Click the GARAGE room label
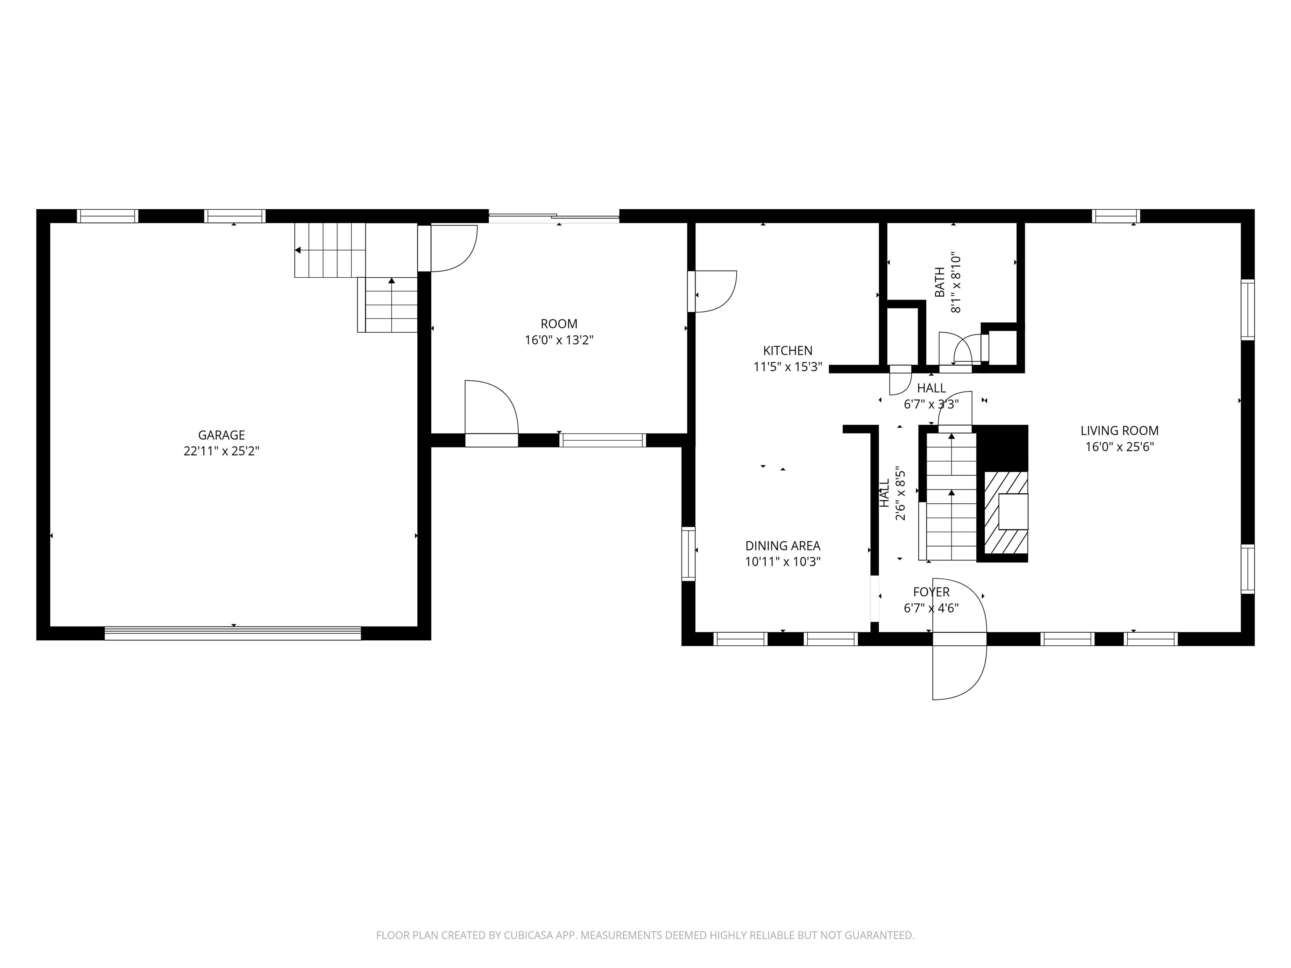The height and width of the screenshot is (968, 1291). (221, 435)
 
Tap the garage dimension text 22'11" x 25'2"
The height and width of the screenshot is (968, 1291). (221, 451)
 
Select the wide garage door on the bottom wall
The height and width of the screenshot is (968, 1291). (233, 633)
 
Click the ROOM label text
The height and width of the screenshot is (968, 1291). (559, 324)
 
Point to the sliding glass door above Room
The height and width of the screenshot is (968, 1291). (554, 218)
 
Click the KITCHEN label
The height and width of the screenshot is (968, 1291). (787, 351)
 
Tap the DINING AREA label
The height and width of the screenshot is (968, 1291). (783, 546)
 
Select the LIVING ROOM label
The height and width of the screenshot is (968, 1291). (1119, 431)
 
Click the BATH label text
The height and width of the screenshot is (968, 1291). (940, 282)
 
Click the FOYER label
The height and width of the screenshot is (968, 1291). (931, 592)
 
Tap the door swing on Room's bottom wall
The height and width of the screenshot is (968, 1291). (491, 408)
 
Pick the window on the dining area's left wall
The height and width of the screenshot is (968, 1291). (689, 553)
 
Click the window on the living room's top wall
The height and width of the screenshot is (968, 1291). (1115, 216)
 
